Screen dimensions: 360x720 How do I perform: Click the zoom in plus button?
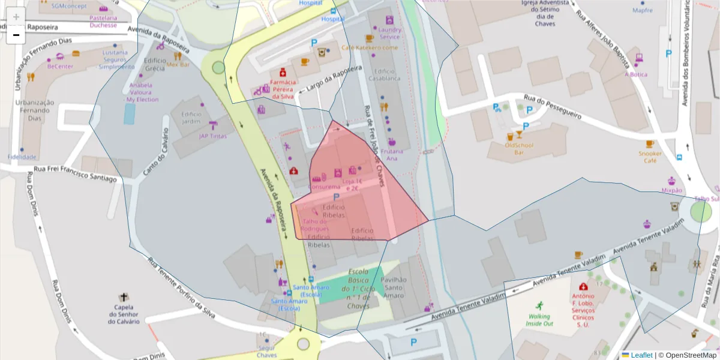coord(16,17)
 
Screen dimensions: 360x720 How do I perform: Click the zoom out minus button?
coord(16,35)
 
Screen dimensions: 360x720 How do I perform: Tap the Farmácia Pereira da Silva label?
coord(283,89)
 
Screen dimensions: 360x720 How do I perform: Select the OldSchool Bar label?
coord(519,148)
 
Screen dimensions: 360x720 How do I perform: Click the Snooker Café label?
coord(650,157)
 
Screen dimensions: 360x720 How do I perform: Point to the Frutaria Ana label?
coord(392,155)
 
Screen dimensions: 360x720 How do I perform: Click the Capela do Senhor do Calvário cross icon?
coord(124,297)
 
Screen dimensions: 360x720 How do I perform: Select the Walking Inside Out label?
coord(539,320)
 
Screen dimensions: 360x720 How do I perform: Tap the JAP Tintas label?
coord(213,136)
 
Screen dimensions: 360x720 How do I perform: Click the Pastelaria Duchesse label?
coord(103,22)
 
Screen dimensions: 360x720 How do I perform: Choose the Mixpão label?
coord(671,190)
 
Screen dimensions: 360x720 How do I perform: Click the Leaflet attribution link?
coord(641,355)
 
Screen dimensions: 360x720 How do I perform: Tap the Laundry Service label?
coord(389,33)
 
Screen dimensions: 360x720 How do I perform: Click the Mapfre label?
coord(643,10)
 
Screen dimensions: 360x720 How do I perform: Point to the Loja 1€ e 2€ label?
coord(352,184)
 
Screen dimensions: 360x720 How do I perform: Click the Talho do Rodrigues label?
coord(314,225)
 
